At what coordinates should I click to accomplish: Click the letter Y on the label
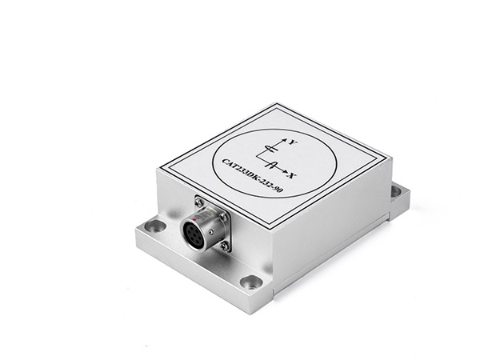coord(294,142)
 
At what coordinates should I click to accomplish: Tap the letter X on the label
coord(293,176)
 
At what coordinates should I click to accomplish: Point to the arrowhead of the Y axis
coord(284,140)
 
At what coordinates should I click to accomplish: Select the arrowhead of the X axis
coord(285,172)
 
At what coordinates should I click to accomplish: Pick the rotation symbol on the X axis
coord(271,165)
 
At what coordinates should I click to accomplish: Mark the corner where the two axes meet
coord(257,158)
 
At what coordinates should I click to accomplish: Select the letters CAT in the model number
coord(228,162)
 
